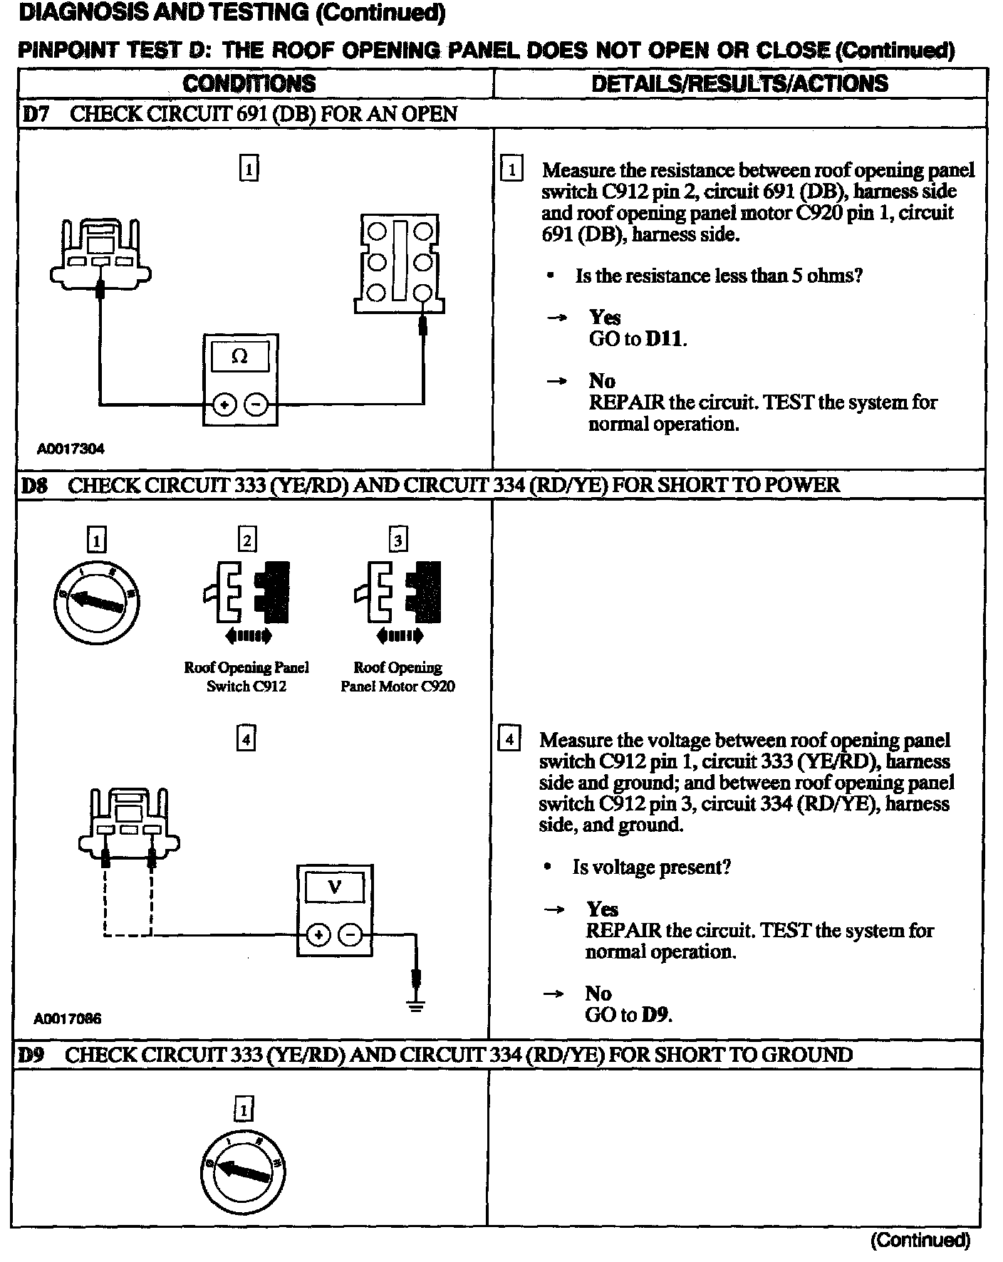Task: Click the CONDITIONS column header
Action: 249,83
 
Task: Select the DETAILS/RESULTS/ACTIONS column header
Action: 739,83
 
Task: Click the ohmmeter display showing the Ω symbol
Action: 240,357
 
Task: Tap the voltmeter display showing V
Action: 334,887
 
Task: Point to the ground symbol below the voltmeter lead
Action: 417,1006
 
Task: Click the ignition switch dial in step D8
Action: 96,603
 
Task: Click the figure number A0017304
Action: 71,449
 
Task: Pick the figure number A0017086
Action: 68,1018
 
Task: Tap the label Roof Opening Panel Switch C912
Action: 246,677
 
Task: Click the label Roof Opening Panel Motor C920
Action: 397,677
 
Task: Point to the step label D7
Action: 36,114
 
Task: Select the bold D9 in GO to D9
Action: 655,1014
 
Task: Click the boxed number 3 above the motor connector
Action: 397,540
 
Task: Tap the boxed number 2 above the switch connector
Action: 246,540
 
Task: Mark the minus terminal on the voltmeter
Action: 350,934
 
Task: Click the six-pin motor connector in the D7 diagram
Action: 399,264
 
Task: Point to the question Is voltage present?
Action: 651,867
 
